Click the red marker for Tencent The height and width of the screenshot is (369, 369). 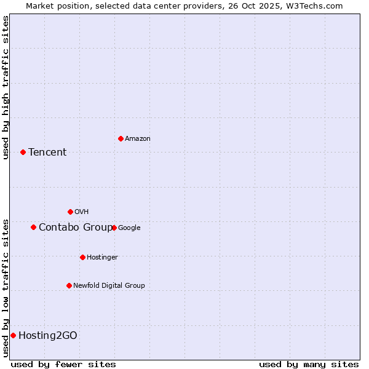click(x=23, y=152)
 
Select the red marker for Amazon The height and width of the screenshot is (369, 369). click(x=121, y=138)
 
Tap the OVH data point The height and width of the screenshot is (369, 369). click(x=70, y=212)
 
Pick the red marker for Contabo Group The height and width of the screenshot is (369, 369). click(x=33, y=227)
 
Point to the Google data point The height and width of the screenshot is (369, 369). click(x=114, y=228)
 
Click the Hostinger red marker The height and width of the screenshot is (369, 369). click(x=82, y=257)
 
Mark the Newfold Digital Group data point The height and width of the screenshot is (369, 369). click(x=69, y=285)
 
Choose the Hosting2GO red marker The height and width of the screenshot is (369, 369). click(x=13, y=335)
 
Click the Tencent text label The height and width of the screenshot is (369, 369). click(x=47, y=153)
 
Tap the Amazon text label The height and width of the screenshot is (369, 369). click(x=138, y=139)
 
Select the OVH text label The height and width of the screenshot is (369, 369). click(x=82, y=212)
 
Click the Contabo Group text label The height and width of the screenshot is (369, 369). click(x=75, y=228)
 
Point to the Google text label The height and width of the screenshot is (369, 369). click(x=129, y=228)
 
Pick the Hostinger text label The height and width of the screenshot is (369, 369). click(x=102, y=258)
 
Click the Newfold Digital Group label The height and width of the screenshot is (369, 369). click(x=109, y=286)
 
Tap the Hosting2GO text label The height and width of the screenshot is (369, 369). click(x=48, y=336)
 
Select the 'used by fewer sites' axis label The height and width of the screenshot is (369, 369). click(x=63, y=364)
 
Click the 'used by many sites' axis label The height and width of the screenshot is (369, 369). click(x=309, y=364)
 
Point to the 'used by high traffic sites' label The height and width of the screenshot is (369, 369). click(x=6, y=87)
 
